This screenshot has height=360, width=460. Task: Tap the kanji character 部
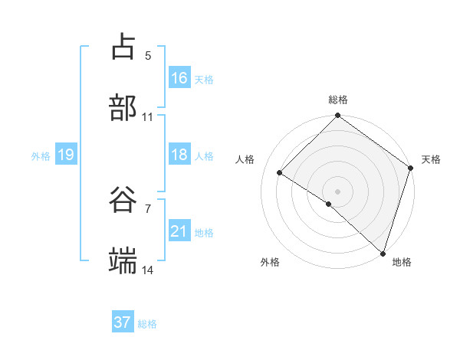[x=123, y=106]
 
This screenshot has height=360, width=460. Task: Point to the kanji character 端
[x=123, y=260]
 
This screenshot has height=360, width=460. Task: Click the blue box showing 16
[x=179, y=78]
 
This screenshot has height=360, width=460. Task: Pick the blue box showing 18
[x=179, y=155]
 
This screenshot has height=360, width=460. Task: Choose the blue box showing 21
[x=179, y=231]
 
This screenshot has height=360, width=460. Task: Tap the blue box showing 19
[x=65, y=155]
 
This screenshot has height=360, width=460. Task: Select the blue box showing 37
[x=123, y=322]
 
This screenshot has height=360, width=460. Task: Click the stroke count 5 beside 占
[x=148, y=55]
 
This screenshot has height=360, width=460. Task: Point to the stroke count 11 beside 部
[x=148, y=117]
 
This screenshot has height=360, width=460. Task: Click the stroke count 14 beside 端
[x=148, y=270]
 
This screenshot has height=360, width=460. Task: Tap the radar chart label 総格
[x=338, y=100]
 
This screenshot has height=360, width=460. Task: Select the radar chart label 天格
[x=431, y=159]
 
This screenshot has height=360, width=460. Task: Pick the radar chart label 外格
[x=270, y=262]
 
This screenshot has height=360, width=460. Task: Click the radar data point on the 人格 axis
[x=280, y=172]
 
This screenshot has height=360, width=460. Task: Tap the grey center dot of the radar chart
[x=338, y=191]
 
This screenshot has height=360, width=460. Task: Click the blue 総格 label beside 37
[x=147, y=324]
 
